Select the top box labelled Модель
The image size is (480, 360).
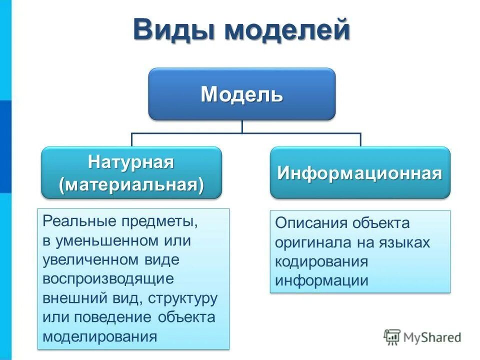tap(241, 94)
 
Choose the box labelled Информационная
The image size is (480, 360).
tap(360, 173)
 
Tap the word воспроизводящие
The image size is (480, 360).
tap(108, 278)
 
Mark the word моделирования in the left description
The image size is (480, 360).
tap(100, 336)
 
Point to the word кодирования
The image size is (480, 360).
tap(321, 261)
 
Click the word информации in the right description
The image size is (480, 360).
tap(321, 280)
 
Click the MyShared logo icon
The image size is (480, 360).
tap(392, 337)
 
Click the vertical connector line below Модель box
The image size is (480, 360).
tap(242, 126)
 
